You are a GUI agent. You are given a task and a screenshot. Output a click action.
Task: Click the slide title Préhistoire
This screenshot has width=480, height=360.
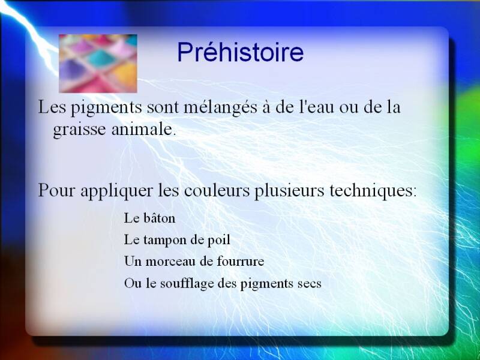pos(241,52)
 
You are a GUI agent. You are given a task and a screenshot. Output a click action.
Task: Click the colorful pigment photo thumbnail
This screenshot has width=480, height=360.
pos(98,64)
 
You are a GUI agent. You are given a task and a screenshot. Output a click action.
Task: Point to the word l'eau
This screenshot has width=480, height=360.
pos(316,107)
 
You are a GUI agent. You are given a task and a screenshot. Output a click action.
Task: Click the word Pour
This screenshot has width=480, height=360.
pos(56,190)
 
